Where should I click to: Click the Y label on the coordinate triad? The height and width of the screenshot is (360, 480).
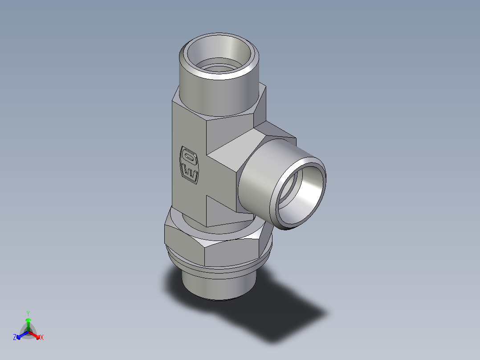click(x=28, y=313)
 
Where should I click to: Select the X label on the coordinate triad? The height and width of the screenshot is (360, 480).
click(x=42, y=338)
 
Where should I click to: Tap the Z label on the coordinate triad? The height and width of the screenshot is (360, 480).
click(x=15, y=338)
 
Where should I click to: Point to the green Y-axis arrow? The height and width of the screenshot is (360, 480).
click(x=28, y=323)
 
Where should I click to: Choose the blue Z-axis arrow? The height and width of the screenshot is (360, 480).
click(x=21, y=335)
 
